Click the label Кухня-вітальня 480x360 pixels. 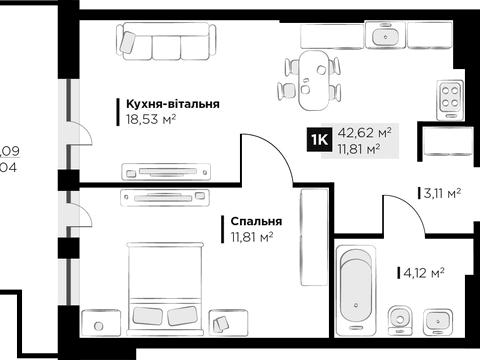(x=173, y=104)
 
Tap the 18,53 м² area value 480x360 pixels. (x=151, y=119)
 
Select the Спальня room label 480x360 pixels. (x=256, y=221)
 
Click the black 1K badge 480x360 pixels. (x=320, y=140)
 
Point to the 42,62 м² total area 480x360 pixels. (x=364, y=133)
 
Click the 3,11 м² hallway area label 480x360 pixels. (x=442, y=193)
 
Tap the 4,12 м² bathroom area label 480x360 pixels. (x=424, y=273)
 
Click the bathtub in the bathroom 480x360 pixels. (x=356, y=290)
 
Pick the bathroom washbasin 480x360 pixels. (x=438, y=321)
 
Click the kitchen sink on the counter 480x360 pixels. (x=385, y=35)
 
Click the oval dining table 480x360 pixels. (x=313, y=80)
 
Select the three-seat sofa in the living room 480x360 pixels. (x=167, y=41)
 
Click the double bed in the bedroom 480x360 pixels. (x=165, y=289)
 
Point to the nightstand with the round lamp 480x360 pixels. (x=101, y=323)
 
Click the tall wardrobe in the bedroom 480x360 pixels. (x=314, y=237)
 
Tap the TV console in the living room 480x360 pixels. (x=166, y=172)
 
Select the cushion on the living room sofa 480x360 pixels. (x=128, y=42)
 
